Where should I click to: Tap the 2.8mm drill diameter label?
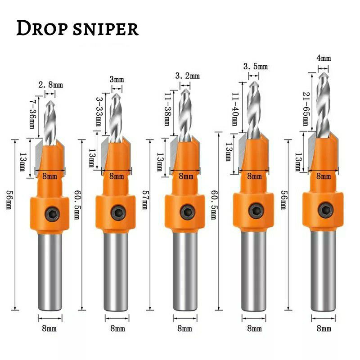click(50, 84)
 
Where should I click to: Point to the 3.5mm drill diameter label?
click(255, 67)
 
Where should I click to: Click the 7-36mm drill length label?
click(31, 112)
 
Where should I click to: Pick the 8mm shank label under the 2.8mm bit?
click(49, 329)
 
